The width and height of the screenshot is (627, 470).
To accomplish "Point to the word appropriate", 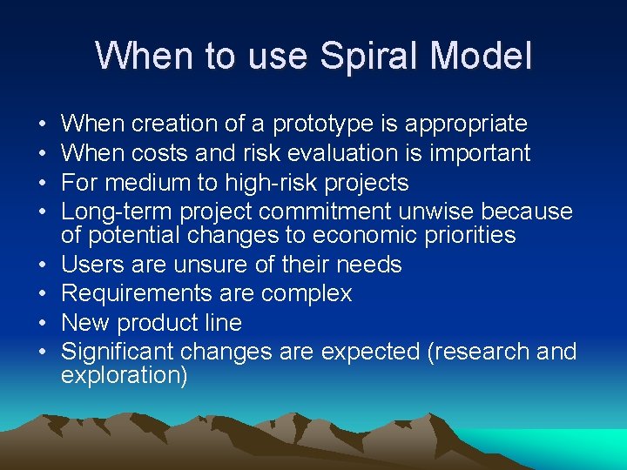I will pyautogui.click(x=459, y=124).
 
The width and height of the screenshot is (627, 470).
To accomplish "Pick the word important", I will pyautogui.click(x=474, y=153).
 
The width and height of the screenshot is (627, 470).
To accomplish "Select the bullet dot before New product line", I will pyautogui.click(x=43, y=323).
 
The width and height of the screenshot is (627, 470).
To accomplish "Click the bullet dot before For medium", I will pyautogui.click(x=43, y=183).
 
